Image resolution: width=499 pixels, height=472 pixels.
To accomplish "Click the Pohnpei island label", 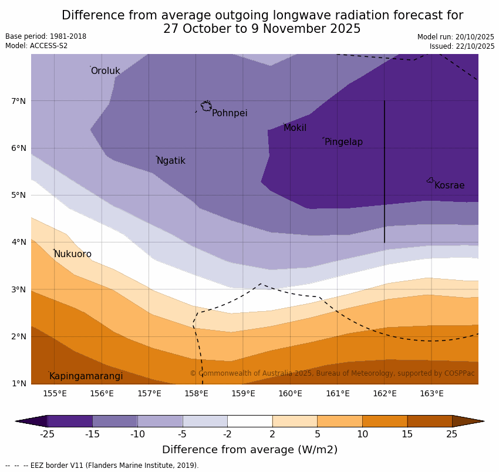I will tap(230, 113).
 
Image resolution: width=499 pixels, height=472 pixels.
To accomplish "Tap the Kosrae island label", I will tap(449, 186).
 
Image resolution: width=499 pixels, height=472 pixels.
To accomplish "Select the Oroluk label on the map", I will tap(105, 71).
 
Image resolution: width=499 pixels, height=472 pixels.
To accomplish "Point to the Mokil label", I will tap(295, 128).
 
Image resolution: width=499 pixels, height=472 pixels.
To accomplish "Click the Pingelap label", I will tap(343, 142).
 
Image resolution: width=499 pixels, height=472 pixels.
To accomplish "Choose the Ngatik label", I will tap(171, 161).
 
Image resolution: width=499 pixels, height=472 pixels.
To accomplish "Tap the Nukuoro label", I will tap(73, 254).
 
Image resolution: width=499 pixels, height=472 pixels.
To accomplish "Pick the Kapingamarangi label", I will tap(86, 376).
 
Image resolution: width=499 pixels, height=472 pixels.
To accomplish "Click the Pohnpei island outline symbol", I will tap(206, 106).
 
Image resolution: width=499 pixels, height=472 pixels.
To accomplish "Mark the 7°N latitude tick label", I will tap(19, 101).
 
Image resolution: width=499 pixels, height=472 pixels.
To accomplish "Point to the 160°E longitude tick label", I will tap(290, 393).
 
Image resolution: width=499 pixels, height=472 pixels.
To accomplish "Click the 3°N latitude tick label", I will tap(19, 289).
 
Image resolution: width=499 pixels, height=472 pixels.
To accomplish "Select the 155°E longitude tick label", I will tap(55, 393).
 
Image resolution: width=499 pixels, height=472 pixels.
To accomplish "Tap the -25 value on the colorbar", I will tap(47, 434).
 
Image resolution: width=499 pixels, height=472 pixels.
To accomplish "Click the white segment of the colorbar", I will tap(249, 421).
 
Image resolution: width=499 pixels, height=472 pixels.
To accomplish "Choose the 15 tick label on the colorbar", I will tap(407, 434).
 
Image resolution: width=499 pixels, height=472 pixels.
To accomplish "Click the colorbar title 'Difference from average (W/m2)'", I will tap(249, 450).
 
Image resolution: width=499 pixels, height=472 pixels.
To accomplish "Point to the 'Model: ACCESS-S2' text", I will tap(36, 46).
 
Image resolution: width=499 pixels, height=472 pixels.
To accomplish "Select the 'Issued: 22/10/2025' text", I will tap(461, 46).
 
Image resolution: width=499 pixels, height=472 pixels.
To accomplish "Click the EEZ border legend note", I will tap(102, 466).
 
